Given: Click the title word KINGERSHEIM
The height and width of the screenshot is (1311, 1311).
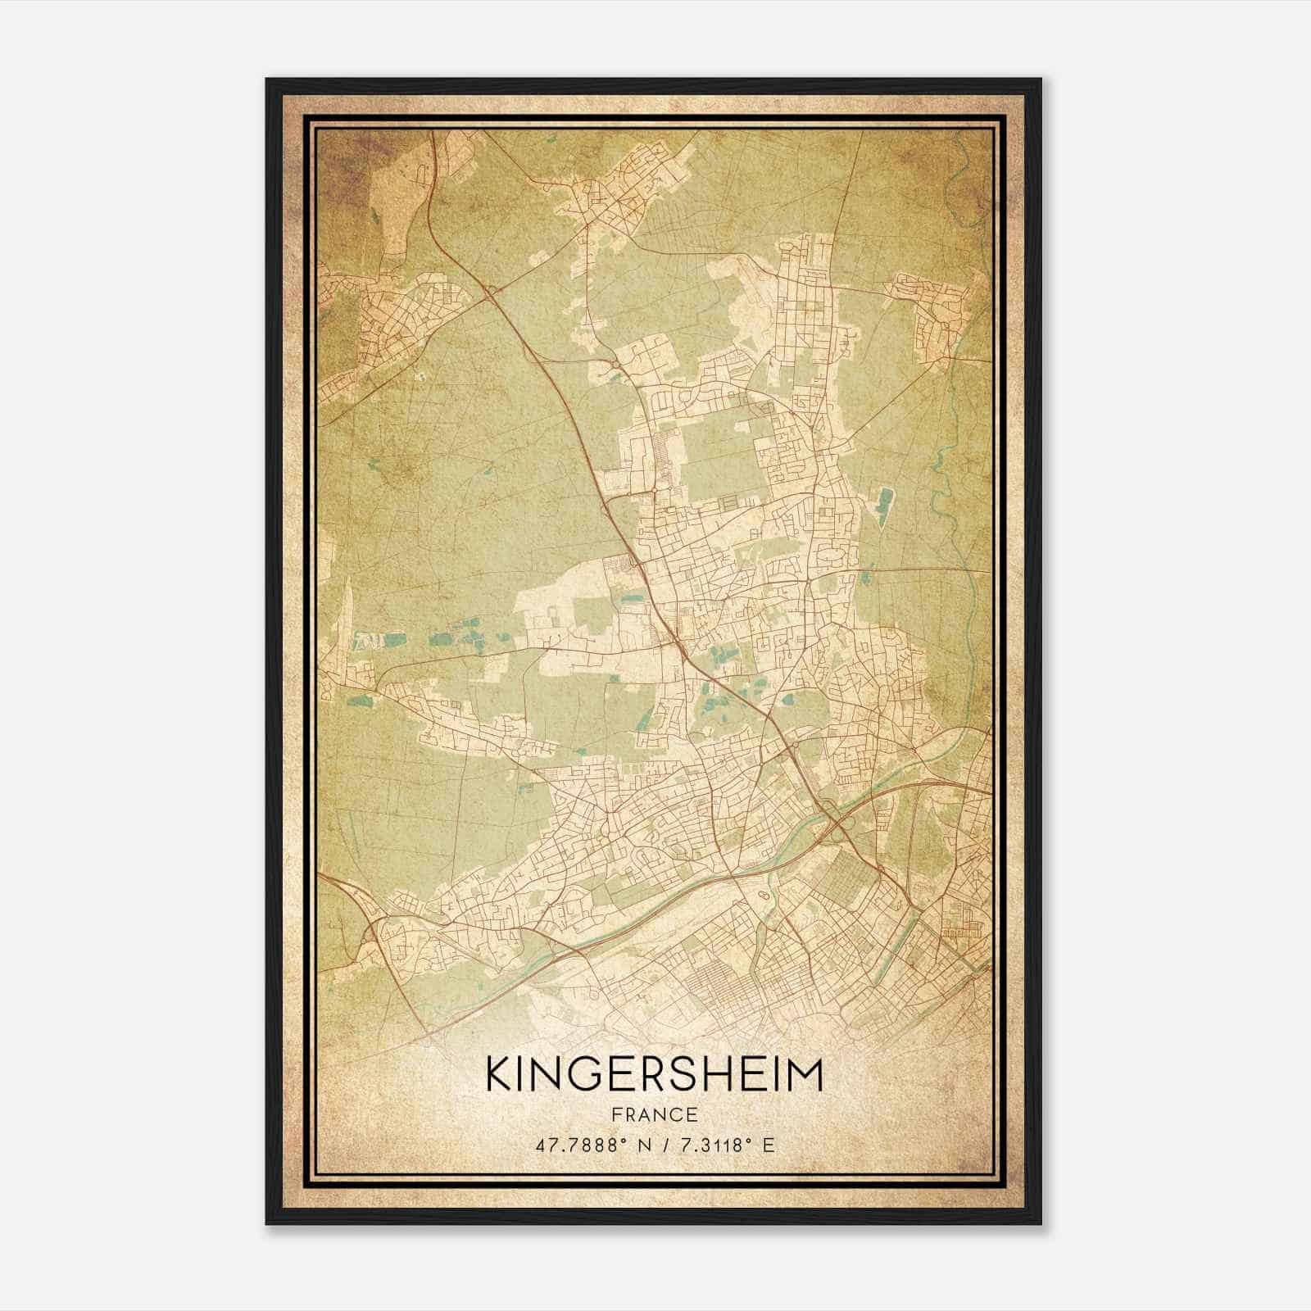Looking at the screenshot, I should click(654, 1075).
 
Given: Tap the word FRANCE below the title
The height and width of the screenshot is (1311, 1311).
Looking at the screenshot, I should click(654, 1115).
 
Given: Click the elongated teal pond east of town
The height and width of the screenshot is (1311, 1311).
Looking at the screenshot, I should click(882, 506).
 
